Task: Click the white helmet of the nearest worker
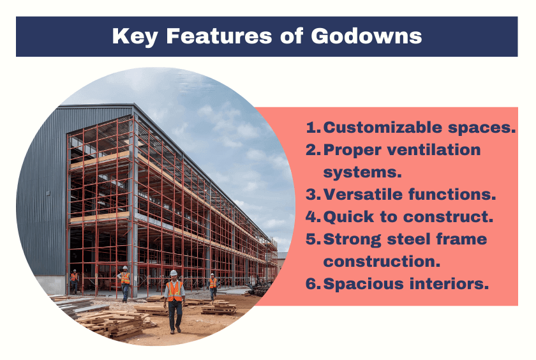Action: (173, 273)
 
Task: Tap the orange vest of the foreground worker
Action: (174, 291)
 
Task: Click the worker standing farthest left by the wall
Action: (75, 279)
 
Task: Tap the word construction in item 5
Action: (381, 262)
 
